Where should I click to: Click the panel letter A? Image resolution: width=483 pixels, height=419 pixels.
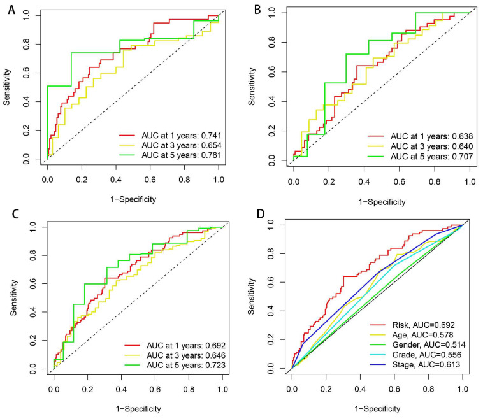pos(11,10)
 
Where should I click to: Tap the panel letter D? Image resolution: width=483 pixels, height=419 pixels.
pos(260,214)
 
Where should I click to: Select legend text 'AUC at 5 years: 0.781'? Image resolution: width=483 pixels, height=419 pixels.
pos(182,155)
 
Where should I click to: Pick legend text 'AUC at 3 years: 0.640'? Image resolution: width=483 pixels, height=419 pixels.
pos(431,146)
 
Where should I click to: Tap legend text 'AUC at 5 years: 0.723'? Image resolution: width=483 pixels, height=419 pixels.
pos(186,365)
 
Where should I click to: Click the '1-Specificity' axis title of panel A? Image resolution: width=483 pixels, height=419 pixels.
pos(133,199)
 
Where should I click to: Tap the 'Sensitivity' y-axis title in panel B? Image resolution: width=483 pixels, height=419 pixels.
pos(252,87)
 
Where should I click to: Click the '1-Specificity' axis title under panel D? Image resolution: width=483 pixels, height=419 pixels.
pos(377,409)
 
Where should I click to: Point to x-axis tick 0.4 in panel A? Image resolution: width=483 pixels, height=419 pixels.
pos(116,180)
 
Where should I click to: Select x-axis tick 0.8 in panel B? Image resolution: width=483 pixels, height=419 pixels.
pos(435,181)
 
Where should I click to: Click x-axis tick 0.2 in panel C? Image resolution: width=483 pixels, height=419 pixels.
pos(87,389)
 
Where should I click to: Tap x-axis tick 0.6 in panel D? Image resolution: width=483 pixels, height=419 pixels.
pos(394,389)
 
